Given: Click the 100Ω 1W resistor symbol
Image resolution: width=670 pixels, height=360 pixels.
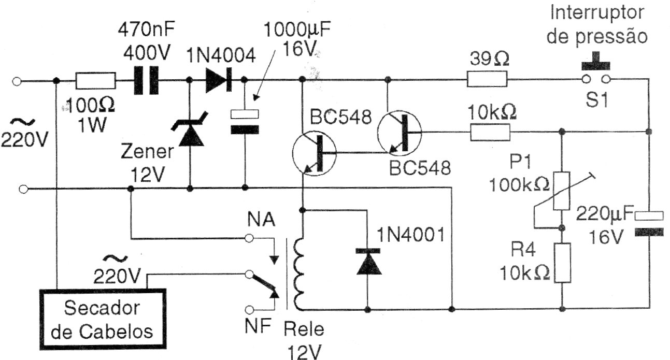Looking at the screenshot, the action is point(95,80).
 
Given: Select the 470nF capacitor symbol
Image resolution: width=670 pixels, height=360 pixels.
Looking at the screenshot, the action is point(146,80).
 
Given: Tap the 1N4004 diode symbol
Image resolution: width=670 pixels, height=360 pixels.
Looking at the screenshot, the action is point(219,80).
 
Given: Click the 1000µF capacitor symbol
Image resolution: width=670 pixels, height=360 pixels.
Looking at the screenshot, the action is point(245,122).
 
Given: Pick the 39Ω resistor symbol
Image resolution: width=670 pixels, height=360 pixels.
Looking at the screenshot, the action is point(487,79).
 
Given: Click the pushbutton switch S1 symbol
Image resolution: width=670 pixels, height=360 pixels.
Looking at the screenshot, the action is point(596,69).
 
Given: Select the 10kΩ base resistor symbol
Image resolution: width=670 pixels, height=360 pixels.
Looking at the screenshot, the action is point(490,132).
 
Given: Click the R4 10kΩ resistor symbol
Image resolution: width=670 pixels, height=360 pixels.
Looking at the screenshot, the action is point(562,263).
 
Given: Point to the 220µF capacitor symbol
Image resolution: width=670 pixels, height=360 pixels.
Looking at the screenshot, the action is point(649,224).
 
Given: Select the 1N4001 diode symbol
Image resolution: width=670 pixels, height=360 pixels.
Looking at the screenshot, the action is point(368,261).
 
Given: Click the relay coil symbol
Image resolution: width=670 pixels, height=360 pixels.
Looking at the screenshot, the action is point(299,275).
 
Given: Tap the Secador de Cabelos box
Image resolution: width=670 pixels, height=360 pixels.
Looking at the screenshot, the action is point(103,319).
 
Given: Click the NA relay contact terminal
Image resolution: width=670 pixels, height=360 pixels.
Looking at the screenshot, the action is point(249,238).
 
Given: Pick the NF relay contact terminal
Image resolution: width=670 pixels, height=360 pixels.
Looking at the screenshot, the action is point(249,309).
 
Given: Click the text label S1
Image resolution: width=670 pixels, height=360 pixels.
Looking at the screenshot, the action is point(596,99).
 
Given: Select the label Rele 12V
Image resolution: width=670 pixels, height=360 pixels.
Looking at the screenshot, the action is point(304,340).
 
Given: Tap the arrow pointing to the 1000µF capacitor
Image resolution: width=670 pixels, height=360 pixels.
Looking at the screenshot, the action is point(265,75).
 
